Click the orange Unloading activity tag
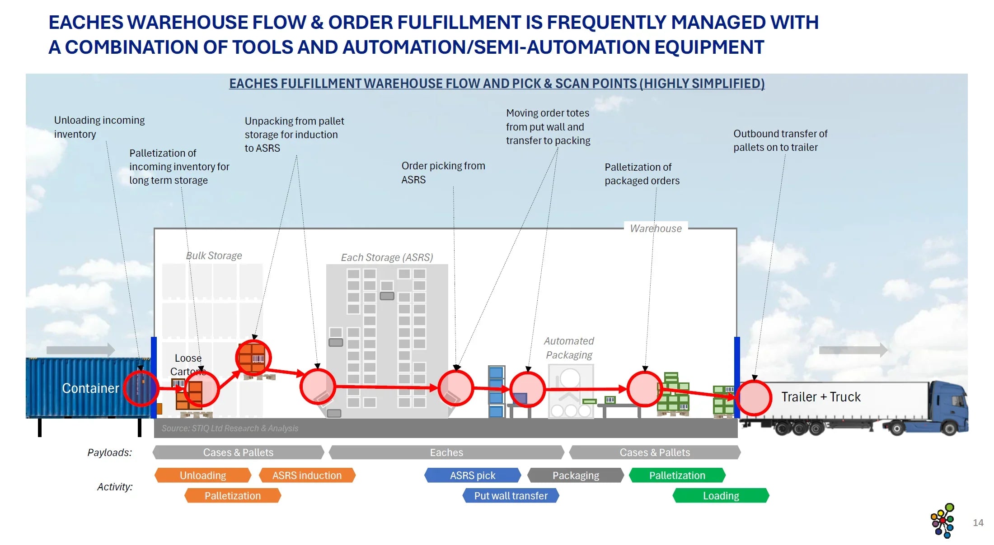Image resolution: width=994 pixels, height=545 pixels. tap(202, 475)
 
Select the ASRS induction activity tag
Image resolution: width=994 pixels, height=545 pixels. tap(307, 475)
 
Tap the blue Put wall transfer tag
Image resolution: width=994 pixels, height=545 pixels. tap(511, 496)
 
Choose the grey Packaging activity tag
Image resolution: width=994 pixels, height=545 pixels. tap(576, 475)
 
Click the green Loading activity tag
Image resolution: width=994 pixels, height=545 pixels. tap(721, 496)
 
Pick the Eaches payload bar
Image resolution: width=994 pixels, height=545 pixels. tap(446, 452)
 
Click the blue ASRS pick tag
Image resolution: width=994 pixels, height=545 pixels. tap(473, 475)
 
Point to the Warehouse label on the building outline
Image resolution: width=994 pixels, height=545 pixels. tap(656, 228)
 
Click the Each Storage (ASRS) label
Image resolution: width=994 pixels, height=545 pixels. tap(387, 257)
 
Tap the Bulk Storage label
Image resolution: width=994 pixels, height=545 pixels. tap(214, 256)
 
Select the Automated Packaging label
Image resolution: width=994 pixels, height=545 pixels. tap(569, 348)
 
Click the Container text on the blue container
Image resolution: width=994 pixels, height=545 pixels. tap(90, 388)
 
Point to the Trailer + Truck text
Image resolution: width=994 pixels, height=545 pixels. tap(821, 397)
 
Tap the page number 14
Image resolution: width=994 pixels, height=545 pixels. tap(978, 523)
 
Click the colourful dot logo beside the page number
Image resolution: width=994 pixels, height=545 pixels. tap(943, 521)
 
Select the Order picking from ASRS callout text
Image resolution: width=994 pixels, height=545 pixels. tap(443, 172)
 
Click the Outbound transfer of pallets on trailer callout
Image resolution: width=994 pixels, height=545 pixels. tap(780, 140)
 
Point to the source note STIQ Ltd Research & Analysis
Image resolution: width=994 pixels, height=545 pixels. tap(230, 428)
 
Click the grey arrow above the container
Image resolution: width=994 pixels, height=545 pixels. tap(80, 349)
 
